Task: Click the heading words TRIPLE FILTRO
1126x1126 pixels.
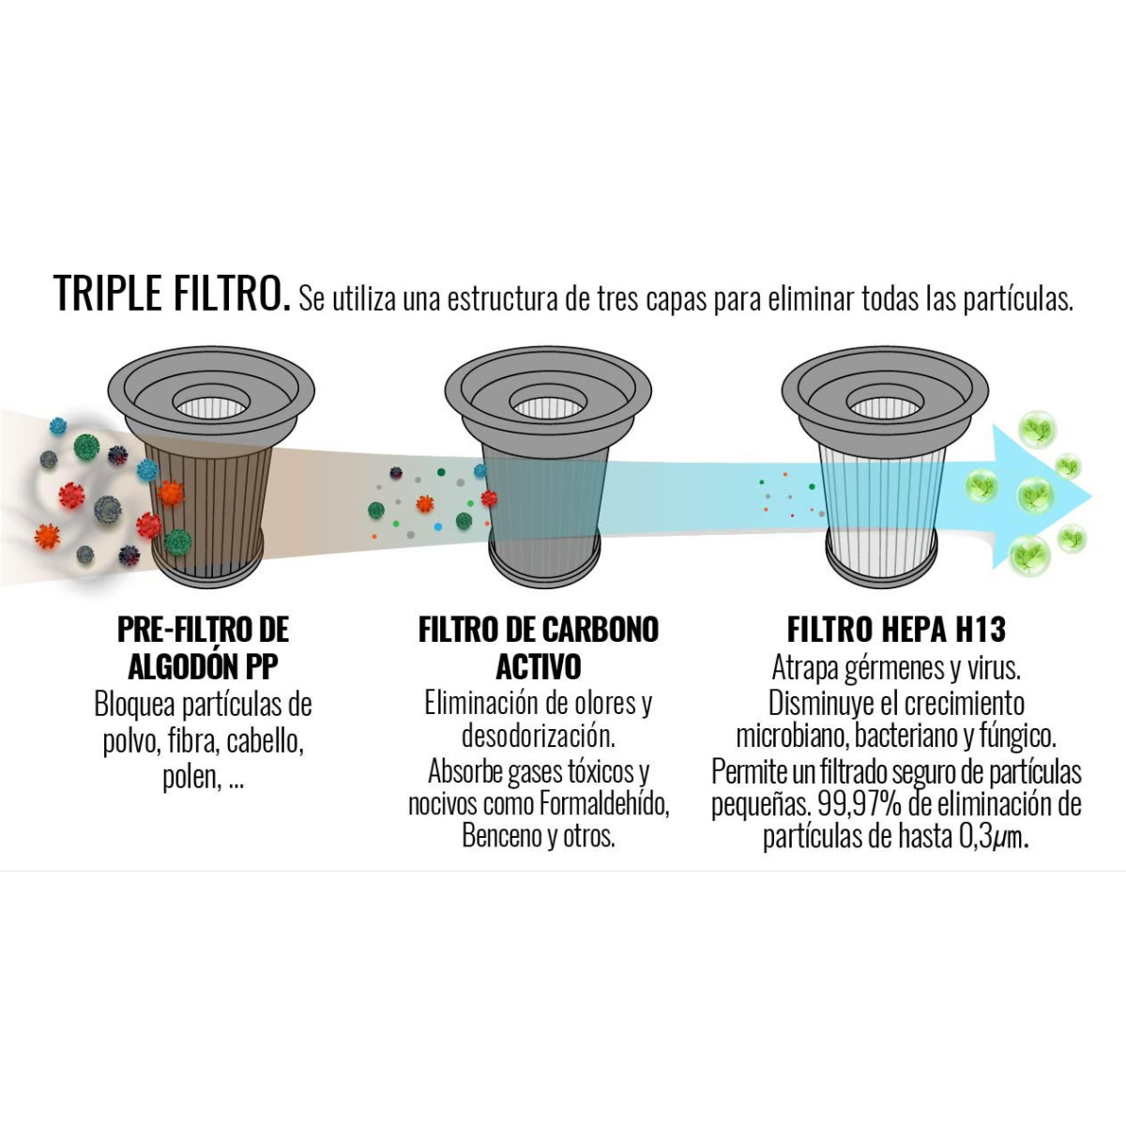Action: pyautogui.click(x=171, y=293)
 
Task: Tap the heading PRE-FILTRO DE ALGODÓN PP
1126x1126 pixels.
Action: pyautogui.click(x=203, y=647)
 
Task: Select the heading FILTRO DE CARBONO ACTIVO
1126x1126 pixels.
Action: pyautogui.click(x=539, y=647)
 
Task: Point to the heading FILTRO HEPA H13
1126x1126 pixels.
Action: pyautogui.click(x=896, y=630)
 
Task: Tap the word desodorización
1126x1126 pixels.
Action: pyautogui.click(x=539, y=737)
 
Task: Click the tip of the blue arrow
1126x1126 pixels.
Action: pyautogui.click(x=1091, y=496)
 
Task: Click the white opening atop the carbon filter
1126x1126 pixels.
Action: pyautogui.click(x=548, y=406)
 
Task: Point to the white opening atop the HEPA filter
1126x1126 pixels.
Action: pyautogui.click(x=885, y=406)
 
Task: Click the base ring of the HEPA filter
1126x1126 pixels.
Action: pyautogui.click(x=882, y=570)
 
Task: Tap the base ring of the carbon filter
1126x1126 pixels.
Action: pyautogui.click(x=544, y=570)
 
